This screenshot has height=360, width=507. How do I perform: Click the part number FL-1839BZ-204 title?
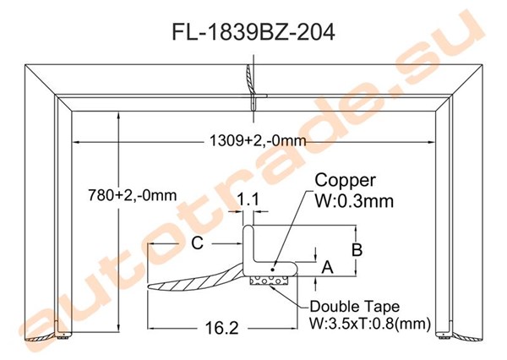pos(253,32)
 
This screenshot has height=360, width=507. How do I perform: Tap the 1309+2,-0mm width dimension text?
pos(258,140)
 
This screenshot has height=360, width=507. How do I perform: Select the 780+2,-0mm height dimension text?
pos(133,195)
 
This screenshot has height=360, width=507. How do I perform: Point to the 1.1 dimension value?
pos(248,199)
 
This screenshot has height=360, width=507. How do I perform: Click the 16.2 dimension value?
pos(221,328)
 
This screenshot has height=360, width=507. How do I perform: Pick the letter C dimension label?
pos(197,243)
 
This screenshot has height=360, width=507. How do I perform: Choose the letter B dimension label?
pos(357,249)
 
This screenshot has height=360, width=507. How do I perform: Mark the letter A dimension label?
pos(328,267)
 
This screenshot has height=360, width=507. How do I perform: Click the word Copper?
pos(345,180)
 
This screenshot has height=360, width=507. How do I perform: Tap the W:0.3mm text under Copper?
pos(354,201)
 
